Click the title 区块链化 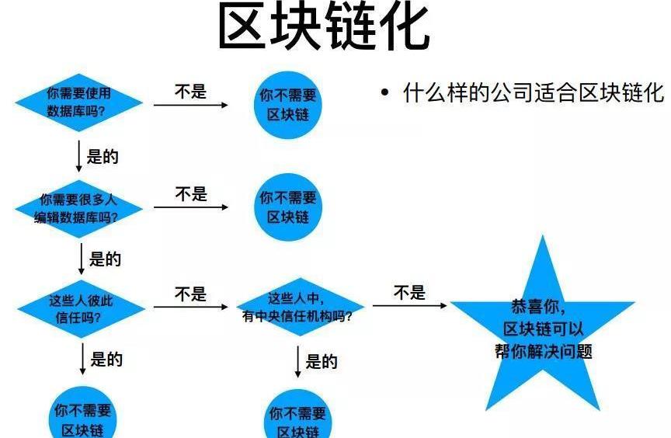(x=323, y=28)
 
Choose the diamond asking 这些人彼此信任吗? (x=80, y=308)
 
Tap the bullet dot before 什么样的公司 (x=384, y=93)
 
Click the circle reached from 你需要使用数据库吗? (x=288, y=104)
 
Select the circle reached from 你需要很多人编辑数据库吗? (x=288, y=207)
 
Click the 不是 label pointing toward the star (x=409, y=293)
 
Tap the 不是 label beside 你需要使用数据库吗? (x=190, y=92)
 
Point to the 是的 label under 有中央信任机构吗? (x=321, y=361)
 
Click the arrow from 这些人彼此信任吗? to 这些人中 (x=190, y=307)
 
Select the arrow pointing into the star (x=409, y=305)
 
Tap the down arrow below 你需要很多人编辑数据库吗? (x=81, y=259)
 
